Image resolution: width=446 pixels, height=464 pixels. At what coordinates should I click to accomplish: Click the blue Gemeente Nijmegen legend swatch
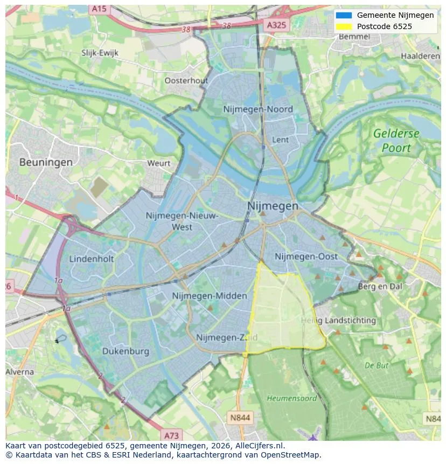tap(344, 15)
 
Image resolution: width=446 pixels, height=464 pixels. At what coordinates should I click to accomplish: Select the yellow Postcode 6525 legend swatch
tap(344, 26)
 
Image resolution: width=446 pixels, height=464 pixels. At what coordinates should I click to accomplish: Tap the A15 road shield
tap(99, 9)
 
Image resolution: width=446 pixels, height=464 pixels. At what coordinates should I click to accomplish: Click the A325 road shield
tap(277, 25)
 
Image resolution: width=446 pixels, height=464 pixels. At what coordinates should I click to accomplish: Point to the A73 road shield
tap(171, 435)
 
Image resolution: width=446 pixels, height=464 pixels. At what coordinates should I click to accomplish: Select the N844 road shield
tap(240, 417)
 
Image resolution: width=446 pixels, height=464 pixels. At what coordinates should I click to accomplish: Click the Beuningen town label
tap(46, 162)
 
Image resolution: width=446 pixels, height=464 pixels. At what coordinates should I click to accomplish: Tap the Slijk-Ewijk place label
tap(100, 53)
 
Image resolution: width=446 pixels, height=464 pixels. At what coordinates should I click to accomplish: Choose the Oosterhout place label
tap(186, 80)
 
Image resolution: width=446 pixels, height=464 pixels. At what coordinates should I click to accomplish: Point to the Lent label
tap(281, 140)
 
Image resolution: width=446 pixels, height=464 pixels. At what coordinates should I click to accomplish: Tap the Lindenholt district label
tap(92, 259)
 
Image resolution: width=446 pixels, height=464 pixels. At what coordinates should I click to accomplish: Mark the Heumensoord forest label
tap(292, 398)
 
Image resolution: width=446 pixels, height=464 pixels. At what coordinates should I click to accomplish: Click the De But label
tap(377, 365)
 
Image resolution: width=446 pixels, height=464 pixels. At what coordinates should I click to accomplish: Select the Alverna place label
tap(20, 372)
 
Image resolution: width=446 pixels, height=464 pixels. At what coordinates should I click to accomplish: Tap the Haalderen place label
tap(420, 56)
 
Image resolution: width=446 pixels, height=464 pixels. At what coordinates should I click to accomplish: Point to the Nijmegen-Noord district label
tap(258, 109)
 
